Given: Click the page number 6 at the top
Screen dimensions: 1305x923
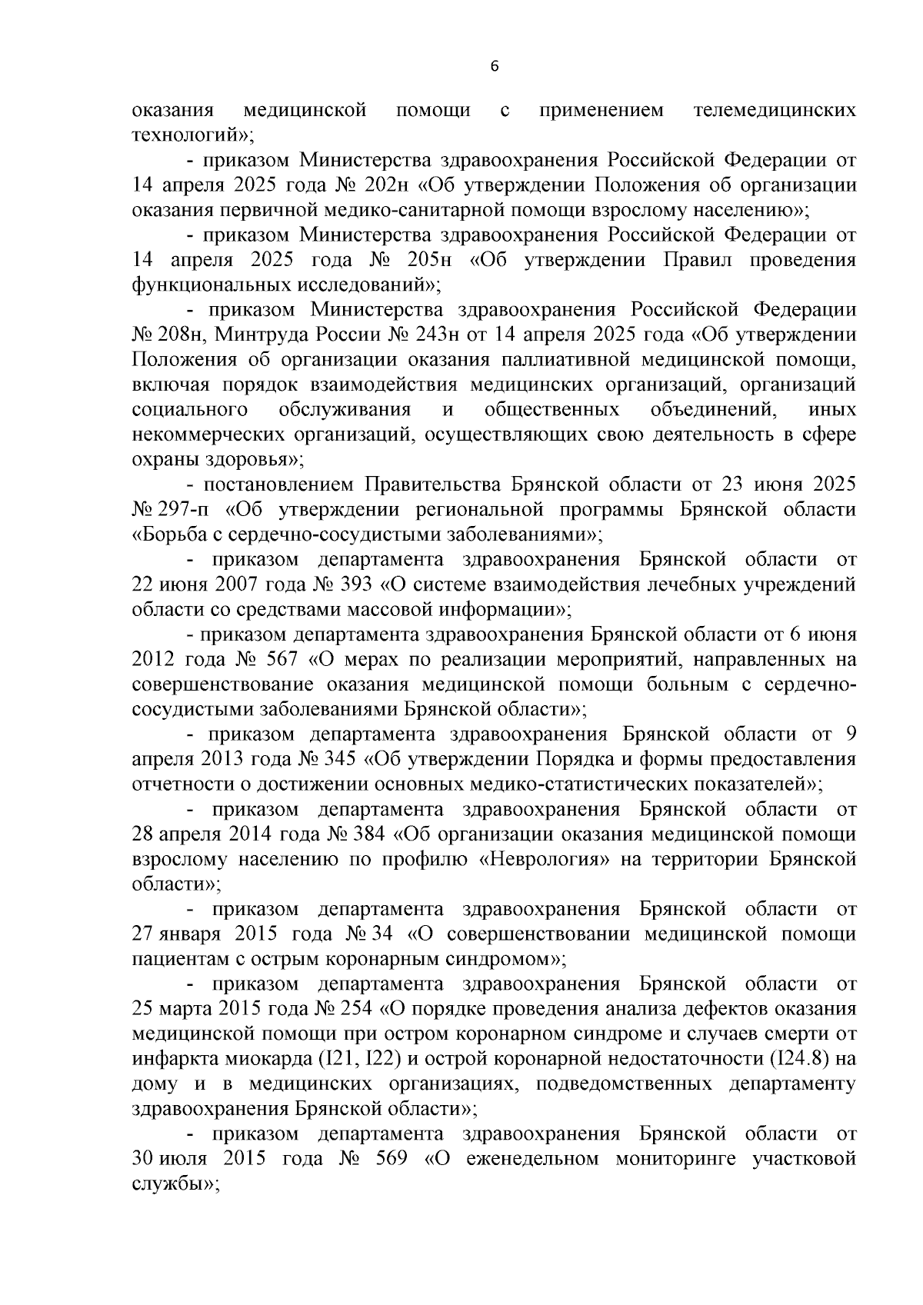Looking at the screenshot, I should [495, 67].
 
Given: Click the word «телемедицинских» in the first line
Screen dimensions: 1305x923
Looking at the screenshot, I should [775, 111].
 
